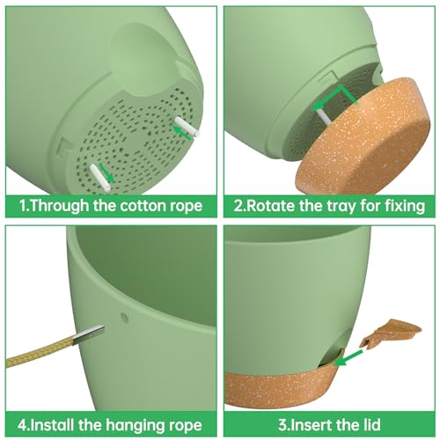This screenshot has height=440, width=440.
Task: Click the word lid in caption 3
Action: [370, 424]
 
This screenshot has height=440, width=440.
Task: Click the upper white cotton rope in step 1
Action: [187, 127]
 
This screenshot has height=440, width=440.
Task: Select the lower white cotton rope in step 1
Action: [100, 178]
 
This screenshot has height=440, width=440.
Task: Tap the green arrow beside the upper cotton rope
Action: [181, 132]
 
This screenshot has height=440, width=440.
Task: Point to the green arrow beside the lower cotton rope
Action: [106, 173]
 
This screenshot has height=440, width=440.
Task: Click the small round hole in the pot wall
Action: [124, 318]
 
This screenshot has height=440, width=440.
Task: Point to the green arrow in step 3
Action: [348, 356]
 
